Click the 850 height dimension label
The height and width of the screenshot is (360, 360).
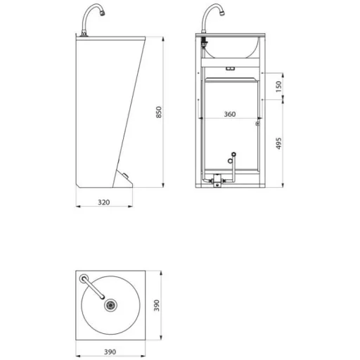(x=159, y=112)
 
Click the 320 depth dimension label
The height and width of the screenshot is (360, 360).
(x=103, y=202)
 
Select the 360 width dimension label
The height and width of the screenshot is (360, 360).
(x=230, y=114)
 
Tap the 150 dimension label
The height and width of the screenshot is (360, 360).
(x=278, y=86)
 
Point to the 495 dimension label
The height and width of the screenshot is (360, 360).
(x=278, y=143)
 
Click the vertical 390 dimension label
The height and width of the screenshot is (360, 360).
(x=157, y=305)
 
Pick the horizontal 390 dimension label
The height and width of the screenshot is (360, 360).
(x=110, y=352)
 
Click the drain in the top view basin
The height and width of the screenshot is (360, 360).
(x=110, y=305)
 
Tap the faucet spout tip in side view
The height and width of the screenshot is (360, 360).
(x=102, y=13)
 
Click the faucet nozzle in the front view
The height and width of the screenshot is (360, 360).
(x=221, y=13)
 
